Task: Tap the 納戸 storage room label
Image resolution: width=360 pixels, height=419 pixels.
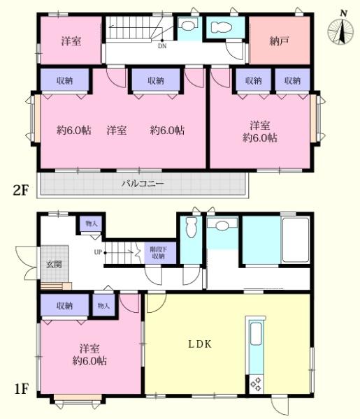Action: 279,41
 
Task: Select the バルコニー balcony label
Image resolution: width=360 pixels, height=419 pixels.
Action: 143,184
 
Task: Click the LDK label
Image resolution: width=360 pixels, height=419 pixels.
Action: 200,344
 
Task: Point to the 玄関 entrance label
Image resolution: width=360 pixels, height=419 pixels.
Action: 54,264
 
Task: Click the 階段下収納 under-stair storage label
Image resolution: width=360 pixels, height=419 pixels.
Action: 159,253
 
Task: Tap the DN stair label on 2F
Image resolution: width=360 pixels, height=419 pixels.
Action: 162,46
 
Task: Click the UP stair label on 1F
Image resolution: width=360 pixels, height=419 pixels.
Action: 98,252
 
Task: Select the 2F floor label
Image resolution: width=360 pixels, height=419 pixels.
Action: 21,190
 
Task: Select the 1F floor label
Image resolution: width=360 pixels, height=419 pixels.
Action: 22,389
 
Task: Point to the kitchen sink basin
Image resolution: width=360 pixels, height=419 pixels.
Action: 256,334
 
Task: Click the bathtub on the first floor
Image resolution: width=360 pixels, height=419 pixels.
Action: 296,240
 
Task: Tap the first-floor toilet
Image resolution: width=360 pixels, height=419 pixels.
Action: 191,227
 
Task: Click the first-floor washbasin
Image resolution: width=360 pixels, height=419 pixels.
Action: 222,226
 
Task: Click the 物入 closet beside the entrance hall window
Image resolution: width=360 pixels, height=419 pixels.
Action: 91,223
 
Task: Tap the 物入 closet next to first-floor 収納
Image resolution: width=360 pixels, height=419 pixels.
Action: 103,305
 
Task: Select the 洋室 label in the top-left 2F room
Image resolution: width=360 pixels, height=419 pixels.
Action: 71,41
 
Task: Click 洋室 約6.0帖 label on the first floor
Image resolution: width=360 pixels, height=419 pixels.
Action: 89,355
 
